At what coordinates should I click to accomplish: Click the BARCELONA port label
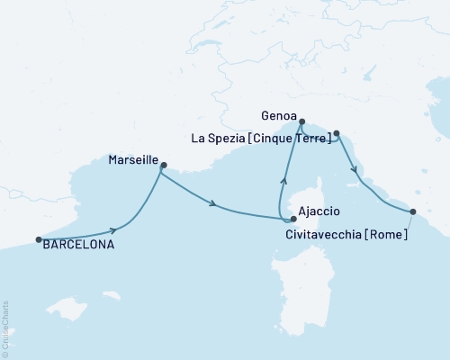[x=78, y=243]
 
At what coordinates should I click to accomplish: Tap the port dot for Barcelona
[x=39, y=239]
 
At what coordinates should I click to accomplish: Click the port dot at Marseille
[x=163, y=165]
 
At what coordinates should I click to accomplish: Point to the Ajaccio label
[x=319, y=211]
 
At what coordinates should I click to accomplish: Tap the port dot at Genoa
[x=302, y=121]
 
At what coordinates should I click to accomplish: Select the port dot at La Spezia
[x=337, y=134]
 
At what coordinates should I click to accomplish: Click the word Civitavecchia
[x=326, y=236]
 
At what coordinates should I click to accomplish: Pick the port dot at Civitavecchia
[x=413, y=212]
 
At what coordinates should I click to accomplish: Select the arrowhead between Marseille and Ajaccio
[x=213, y=204]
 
